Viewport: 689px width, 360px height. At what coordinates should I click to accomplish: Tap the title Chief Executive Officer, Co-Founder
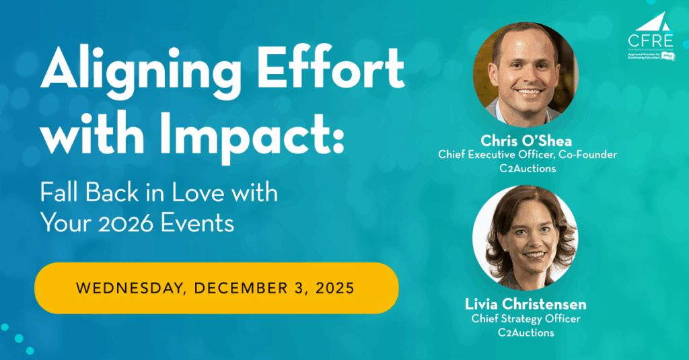click(528, 155)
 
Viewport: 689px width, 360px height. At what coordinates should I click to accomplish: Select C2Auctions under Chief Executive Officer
click(528, 169)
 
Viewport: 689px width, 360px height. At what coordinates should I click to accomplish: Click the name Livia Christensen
click(526, 305)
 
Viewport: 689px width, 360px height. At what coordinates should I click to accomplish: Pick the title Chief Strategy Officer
click(526, 319)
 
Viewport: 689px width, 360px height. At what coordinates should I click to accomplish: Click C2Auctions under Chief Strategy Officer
click(526, 332)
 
